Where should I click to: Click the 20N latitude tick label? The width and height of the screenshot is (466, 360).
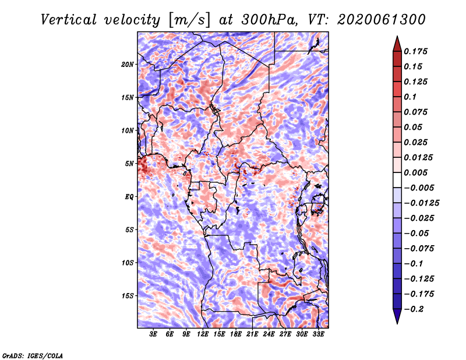(128, 65)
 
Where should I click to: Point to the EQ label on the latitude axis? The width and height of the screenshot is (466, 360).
(129, 197)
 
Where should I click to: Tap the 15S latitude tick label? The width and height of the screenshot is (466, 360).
(128, 296)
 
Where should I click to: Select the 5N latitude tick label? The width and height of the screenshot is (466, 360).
(129, 164)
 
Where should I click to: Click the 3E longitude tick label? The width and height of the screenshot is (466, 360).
(153, 334)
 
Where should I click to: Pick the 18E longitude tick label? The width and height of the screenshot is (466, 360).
(236, 334)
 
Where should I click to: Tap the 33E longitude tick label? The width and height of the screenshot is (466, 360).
(318, 334)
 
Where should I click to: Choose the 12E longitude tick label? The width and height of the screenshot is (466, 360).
(203, 334)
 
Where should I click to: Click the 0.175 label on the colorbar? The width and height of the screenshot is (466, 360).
(415, 51)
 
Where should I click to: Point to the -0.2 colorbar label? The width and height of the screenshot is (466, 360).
(414, 309)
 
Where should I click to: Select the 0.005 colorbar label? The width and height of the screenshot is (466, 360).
(415, 172)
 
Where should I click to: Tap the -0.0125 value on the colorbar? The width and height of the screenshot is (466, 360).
(421, 203)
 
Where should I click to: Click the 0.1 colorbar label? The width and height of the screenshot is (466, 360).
(410, 97)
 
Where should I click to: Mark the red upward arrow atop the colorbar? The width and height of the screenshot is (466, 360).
(397, 44)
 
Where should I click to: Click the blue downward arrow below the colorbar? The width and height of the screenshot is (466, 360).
(397, 316)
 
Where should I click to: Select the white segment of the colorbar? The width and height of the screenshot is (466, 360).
(397, 180)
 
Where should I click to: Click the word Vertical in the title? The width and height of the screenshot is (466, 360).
(69, 20)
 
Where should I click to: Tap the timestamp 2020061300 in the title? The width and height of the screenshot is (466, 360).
(382, 20)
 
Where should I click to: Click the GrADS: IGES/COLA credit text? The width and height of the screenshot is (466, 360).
(33, 355)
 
